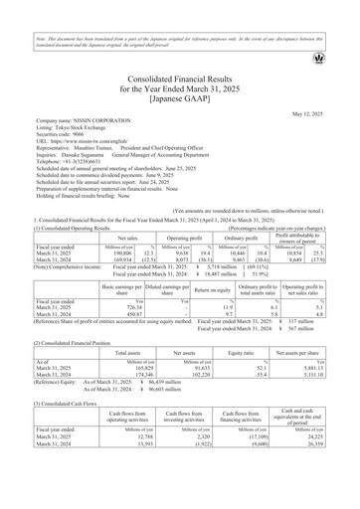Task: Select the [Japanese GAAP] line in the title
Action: pos(179,97)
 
